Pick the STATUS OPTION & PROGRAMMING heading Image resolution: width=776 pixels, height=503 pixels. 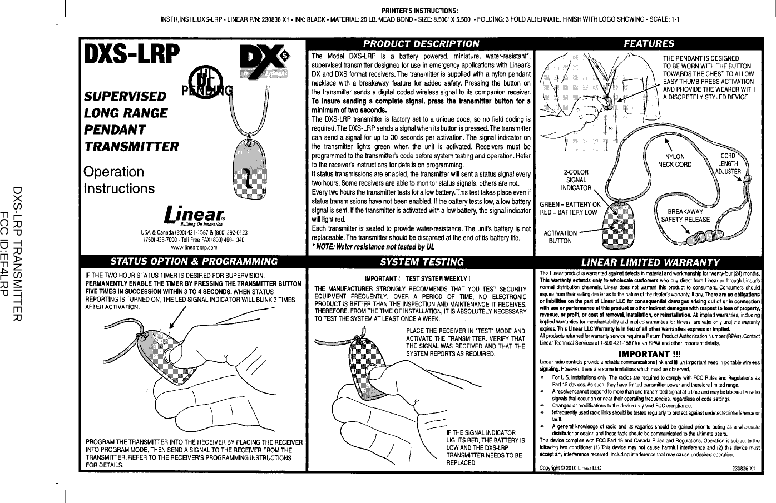point(194,262)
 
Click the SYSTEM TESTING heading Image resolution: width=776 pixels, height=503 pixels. point(421,262)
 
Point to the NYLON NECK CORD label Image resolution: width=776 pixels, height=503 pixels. point(675,161)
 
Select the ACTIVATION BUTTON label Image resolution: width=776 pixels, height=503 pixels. point(560,237)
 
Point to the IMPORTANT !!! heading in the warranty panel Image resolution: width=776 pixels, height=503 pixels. point(650,354)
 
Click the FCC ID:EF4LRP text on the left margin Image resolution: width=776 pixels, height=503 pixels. point(6,251)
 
